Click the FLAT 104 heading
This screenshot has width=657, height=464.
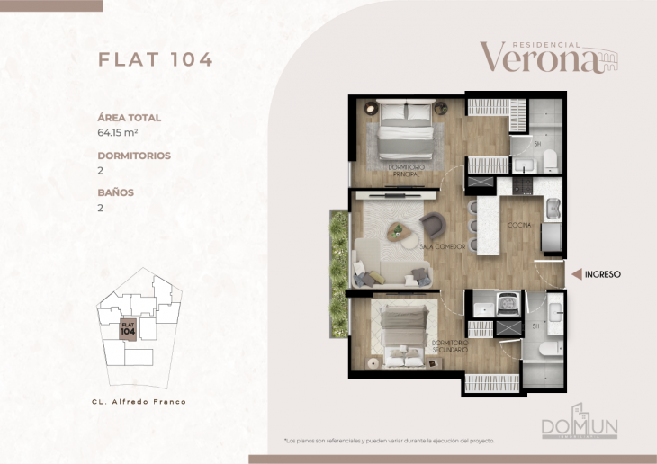pyautogui.click(x=155, y=60)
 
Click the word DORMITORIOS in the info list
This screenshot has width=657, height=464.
pyautogui.click(x=133, y=156)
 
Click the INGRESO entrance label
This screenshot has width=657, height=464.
pyautogui.click(x=603, y=274)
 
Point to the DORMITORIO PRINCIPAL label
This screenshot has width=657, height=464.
pyautogui.click(x=405, y=170)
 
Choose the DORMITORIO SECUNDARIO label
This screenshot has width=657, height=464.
pyautogui.click(x=448, y=346)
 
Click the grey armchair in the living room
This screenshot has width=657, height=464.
pyautogui.click(x=433, y=224)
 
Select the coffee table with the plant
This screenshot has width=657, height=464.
pyautogui.click(x=399, y=232)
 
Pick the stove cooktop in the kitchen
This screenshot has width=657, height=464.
pyautogui.click(x=524, y=185)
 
